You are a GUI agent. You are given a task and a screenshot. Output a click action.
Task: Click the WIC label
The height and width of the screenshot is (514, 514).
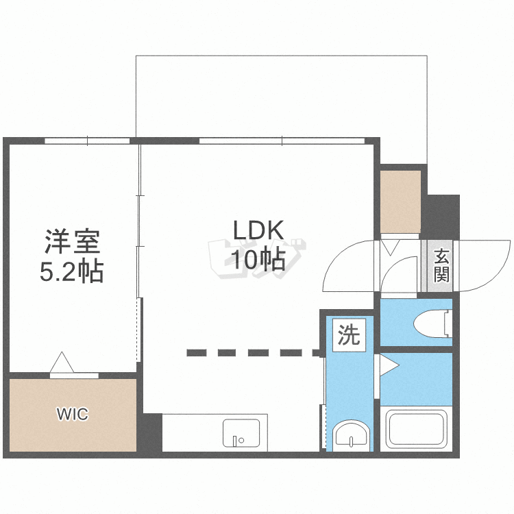72,414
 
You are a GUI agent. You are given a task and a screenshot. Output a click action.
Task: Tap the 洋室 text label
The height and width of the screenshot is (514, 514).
72,242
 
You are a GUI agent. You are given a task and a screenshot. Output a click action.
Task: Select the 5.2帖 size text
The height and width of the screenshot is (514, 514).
72,272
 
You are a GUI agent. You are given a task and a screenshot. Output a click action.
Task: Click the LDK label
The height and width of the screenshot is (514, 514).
258,230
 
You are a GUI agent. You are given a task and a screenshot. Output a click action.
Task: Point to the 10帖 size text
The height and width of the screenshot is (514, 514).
258,260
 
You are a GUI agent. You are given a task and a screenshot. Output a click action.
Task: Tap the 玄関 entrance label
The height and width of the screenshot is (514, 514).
441,266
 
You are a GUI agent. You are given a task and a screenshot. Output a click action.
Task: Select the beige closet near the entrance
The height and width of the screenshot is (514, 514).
400,202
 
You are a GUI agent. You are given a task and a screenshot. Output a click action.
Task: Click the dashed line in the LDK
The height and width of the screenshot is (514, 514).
254,353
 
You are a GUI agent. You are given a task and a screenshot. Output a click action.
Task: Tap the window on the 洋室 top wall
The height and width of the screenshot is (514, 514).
88,140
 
